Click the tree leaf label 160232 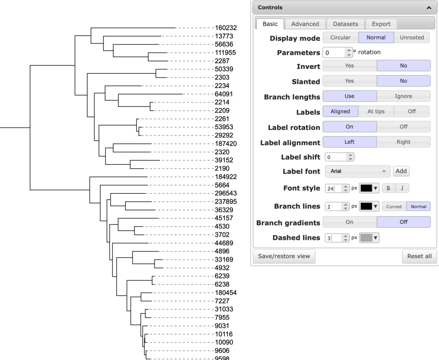point(226,28)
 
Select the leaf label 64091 point(224,94)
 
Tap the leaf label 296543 point(226,193)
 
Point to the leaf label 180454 point(226,293)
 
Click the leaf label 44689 point(224,243)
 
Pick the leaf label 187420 point(226,144)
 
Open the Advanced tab point(305,24)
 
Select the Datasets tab point(345,24)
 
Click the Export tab point(381,24)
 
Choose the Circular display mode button point(340,37)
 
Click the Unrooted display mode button point(412,37)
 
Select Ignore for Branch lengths point(403,96)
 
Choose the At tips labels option point(376,111)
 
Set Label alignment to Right point(403,142)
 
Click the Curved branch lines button point(394,207)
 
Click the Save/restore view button point(284,256)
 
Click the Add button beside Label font point(401,171)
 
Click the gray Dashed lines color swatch point(369,238)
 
